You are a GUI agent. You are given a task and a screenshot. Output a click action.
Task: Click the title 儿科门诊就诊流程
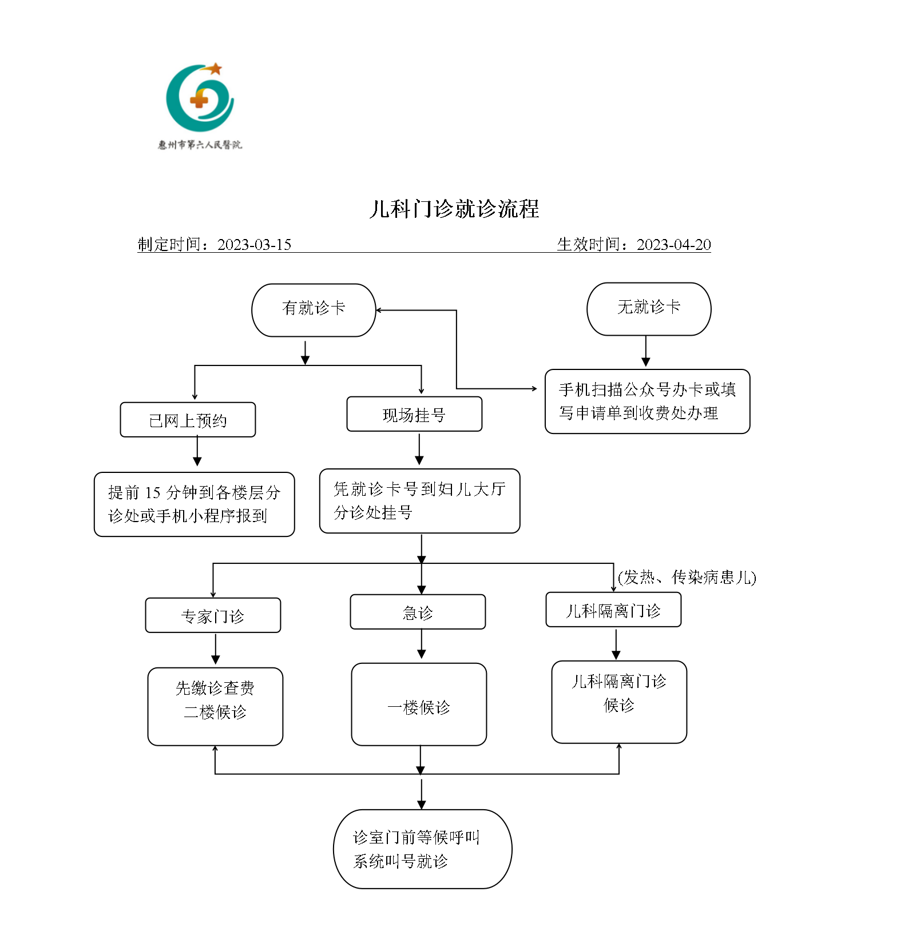pyautogui.click(x=454, y=209)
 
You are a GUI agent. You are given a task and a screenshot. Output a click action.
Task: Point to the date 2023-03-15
pyautogui.click(x=254, y=245)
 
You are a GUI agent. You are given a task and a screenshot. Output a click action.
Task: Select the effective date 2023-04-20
pyautogui.click(x=673, y=245)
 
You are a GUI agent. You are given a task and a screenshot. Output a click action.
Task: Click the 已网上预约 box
pyautogui.click(x=188, y=420)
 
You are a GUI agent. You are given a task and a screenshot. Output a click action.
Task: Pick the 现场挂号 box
pyautogui.click(x=414, y=415)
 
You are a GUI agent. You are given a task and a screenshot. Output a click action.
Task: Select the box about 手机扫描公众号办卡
pyautogui.click(x=647, y=401)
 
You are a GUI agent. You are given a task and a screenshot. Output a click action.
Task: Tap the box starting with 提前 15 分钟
pyautogui.click(x=194, y=504)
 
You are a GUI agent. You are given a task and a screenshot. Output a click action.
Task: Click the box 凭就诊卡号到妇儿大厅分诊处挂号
pyautogui.click(x=419, y=501)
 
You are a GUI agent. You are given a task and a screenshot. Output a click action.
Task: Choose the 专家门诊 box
pyautogui.click(x=213, y=616)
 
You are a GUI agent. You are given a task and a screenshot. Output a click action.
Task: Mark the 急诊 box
pyautogui.click(x=418, y=612)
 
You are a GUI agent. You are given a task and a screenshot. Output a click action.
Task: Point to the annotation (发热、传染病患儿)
pyautogui.click(x=687, y=578)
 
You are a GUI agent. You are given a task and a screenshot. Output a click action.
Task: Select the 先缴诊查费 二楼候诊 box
pyautogui.click(x=215, y=707)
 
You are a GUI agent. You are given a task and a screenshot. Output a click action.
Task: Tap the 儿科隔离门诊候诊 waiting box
pyautogui.click(x=619, y=702)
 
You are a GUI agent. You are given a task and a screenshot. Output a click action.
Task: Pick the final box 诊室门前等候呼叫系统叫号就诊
pyautogui.click(x=422, y=849)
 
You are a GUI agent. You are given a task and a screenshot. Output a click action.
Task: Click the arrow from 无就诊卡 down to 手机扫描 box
pyautogui.click(x=646, y=351)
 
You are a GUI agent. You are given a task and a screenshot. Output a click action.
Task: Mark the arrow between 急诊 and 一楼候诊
pyautogui.click(x=422, y=644)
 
